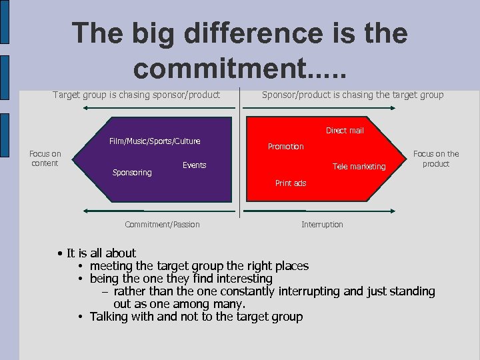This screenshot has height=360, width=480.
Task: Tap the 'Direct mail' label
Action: (345, 131)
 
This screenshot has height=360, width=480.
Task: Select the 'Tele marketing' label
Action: (359, 167)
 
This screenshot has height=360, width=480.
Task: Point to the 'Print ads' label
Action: (291, 183)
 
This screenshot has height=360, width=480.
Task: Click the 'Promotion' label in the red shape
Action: (285, 147)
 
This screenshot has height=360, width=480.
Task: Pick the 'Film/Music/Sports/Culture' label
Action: (154, 141)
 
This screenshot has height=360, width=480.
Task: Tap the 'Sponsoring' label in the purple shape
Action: (132, 173)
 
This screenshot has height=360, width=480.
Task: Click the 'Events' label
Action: (195, 165)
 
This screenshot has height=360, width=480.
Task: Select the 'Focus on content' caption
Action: (45, 159)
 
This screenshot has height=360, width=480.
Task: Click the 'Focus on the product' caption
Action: (436, 159)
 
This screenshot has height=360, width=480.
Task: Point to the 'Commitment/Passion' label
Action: (162, 225)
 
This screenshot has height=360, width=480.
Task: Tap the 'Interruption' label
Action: (322, 225)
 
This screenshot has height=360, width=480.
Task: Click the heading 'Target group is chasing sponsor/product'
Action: (136, 95)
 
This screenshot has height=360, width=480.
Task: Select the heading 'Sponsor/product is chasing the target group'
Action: (353, 95)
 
